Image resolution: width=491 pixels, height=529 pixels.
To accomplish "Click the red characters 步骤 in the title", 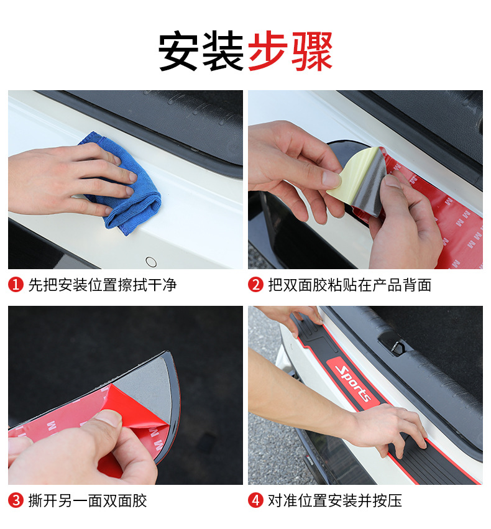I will tap(290, 50).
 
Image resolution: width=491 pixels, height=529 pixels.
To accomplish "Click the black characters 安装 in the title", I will tap(201, 50).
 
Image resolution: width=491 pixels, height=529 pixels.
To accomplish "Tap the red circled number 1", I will tap(16, 285).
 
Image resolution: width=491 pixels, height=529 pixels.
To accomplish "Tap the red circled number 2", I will tap(255, 285).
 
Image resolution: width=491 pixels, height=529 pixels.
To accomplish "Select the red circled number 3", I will tap(16, 500).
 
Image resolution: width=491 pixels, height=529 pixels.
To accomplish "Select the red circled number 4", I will tap(255, 500).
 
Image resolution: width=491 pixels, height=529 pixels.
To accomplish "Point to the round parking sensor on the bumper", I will tap(151, 262).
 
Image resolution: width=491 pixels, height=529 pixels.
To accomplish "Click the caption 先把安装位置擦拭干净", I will tap(103, 285).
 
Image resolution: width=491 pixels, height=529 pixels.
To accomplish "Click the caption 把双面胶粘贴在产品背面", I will tap(349, 285).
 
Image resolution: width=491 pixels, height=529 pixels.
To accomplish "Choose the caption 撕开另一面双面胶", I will tap(88, 500).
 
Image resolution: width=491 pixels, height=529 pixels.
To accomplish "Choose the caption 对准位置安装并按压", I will tap(335, 500).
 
